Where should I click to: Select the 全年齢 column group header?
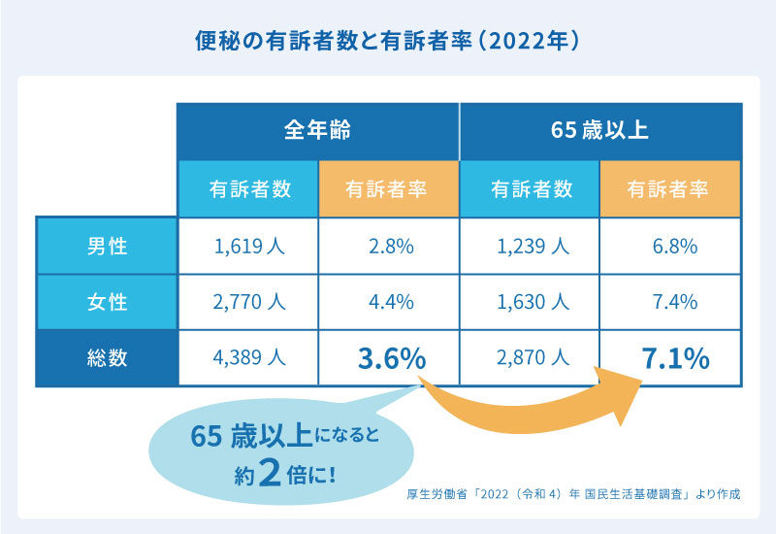click(317, 128)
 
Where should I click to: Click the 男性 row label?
click(107, 246)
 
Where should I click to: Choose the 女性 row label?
click(107, 302)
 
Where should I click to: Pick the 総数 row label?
click(107, 358)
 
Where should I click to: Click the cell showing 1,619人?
click(248, 246)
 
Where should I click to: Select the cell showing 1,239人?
click(531, 246)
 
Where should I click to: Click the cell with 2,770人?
click(248, 302)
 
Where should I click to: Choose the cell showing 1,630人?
click(531, 302)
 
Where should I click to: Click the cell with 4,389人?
click(248, 358)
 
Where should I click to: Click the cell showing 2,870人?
click(531, 358)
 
